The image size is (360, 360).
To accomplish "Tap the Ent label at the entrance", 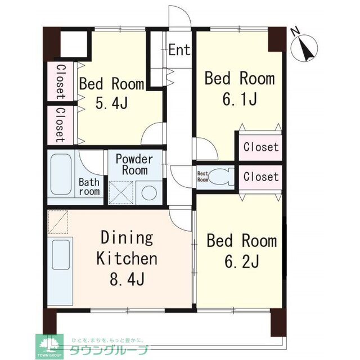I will [x=179, y=50].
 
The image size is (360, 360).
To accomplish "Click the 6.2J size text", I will [x=241, y=262].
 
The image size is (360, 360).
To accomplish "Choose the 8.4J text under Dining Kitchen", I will [x=126, y=278].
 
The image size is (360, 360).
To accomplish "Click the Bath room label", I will [x=89, y=187].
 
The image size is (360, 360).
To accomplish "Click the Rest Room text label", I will [x=202, y=177].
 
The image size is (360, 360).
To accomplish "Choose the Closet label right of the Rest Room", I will [x=260, y=177].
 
